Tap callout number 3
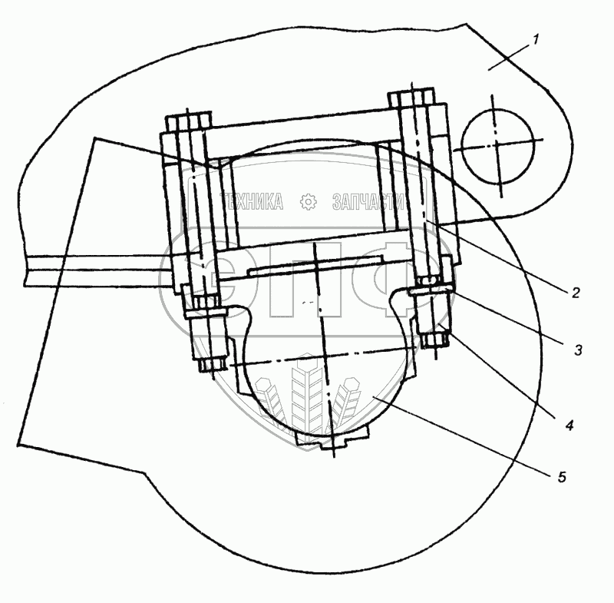pyautogui.click(x=578, y=350)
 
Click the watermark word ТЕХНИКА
pyautogui.click(x=252, y=202)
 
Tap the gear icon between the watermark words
pyautogui.click(x=308, y=202)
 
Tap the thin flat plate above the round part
pyautogui.click(x=316, y=267)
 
